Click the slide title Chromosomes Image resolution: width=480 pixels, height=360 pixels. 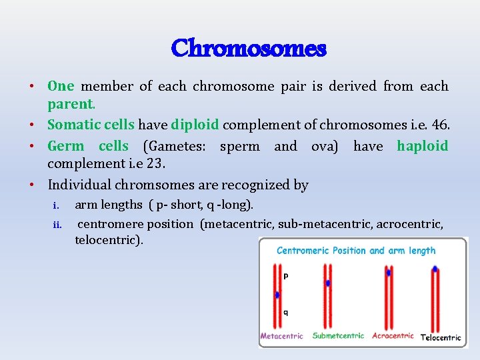[x=249, y=49]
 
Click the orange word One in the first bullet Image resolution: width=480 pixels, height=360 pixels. [x=61, y=86]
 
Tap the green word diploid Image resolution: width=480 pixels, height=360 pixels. [x=195, y=125]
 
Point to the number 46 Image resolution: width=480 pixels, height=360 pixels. [x=441, y=125]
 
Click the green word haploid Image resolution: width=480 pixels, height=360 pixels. [x=422, y=146]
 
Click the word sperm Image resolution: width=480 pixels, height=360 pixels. [x=240, y=146]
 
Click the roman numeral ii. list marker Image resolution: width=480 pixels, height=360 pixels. [x=57, y=225]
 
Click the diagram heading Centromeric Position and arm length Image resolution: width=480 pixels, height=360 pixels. [x=356, y=251]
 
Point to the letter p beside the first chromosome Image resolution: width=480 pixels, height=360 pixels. [x=286, y=275]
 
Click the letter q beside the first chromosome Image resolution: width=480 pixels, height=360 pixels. [x=286, y=311]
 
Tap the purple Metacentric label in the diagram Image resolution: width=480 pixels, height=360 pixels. [x=281, y=336]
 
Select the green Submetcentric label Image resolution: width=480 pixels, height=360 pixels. [x=338, y=336]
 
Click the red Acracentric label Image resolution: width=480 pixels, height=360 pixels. [x=393, y=336]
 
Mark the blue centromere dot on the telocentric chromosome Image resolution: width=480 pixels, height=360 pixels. [x=435, y=269]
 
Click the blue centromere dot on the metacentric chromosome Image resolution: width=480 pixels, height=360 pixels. [x=277, y=295]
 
